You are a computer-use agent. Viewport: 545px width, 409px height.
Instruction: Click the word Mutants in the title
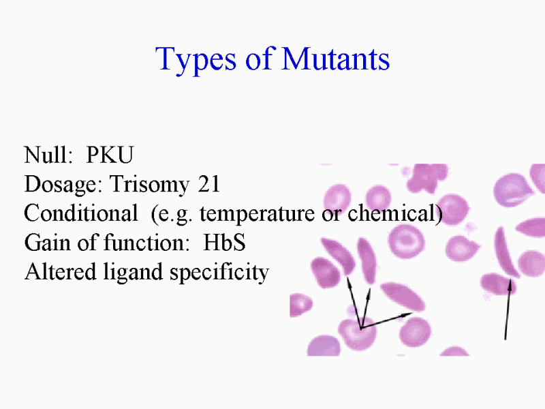pyautogui.click(x=335, y=59)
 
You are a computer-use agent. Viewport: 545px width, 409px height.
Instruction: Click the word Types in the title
pyautogui.click(x=196, y=61)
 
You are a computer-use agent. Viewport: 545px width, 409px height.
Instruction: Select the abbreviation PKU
pyautogui.click(x=110, y=155)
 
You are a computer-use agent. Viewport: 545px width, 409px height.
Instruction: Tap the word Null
pyautogui.click(x=48, y=155)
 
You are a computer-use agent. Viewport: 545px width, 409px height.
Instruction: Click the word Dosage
pyautogui.click(x=63, y=185)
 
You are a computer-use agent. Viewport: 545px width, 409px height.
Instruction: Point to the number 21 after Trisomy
pyautogui.click(x=209, y=183)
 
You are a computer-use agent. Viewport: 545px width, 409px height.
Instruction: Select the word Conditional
pyautogui.click(x=81, y=213)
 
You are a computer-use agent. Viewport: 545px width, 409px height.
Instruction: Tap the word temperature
pyautogui.click(x=257, y=214)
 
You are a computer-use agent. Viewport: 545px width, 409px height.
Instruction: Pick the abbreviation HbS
pyautogui.click(x=224, y=242)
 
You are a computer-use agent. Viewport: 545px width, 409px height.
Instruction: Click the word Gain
pyautogui.click(x=48, y=242)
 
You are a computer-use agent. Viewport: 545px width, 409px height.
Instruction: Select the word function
pyautogui.click(x=146, y=242)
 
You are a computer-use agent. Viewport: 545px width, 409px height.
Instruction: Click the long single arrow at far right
pyautogui.click(x=508, y=309)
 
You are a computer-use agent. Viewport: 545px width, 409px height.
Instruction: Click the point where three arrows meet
pyautogui.click(x=362, y=328)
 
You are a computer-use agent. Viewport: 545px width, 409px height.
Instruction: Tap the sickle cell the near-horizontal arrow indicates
pyautogui.click(x=403, y=296)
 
